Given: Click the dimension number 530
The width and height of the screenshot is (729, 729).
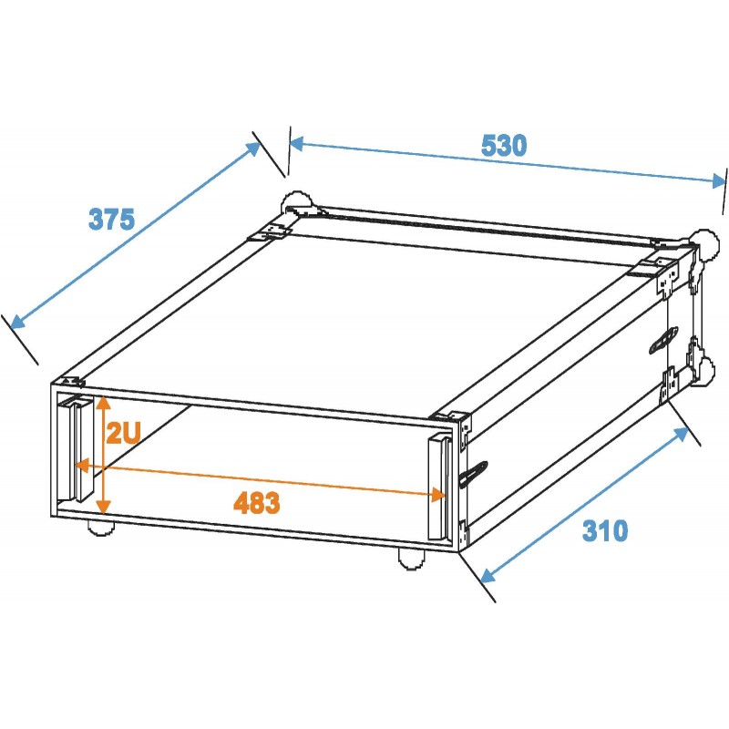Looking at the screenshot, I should click(x=504, y=145).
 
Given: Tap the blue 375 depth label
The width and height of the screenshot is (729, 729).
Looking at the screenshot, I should click(x=111, y=219).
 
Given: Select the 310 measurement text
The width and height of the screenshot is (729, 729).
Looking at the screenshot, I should click(x=605, y=530).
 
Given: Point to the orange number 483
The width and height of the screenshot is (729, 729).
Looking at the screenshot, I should click(x=256, y=502).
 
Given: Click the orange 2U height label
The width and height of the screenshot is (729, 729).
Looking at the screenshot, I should click(x=122, y=433).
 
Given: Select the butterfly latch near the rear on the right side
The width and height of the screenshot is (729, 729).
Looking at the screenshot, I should click(x=661, y=339).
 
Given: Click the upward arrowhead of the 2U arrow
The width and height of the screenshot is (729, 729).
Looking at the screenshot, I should click(x=105, y=402).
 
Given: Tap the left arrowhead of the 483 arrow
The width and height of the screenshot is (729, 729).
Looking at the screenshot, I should click(x=80, y=467).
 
